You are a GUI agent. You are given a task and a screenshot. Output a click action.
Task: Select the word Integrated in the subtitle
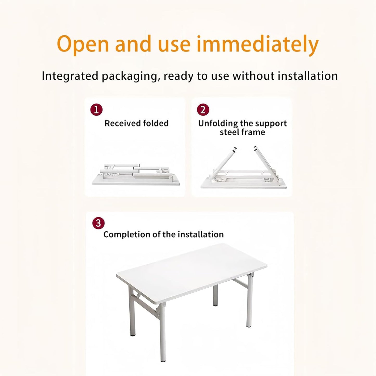(x=70, y=76)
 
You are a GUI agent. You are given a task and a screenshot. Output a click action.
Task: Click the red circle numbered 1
(x=96, y=110)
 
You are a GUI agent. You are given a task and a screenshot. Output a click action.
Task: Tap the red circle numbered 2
(x=203, y=110)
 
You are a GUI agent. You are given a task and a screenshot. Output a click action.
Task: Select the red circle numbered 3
(x=98, y=224)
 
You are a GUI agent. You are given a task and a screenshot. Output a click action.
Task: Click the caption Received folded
(x=136, y=123)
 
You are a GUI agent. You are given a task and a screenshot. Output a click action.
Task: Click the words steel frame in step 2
(x=242, y=132)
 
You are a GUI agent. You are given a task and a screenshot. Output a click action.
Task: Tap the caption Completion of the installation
(x=163, y=234)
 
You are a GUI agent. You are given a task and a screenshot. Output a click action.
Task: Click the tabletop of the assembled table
(x=191, y=272)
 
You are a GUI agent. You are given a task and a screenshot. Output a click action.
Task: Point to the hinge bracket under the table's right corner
(x=251, y=276)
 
